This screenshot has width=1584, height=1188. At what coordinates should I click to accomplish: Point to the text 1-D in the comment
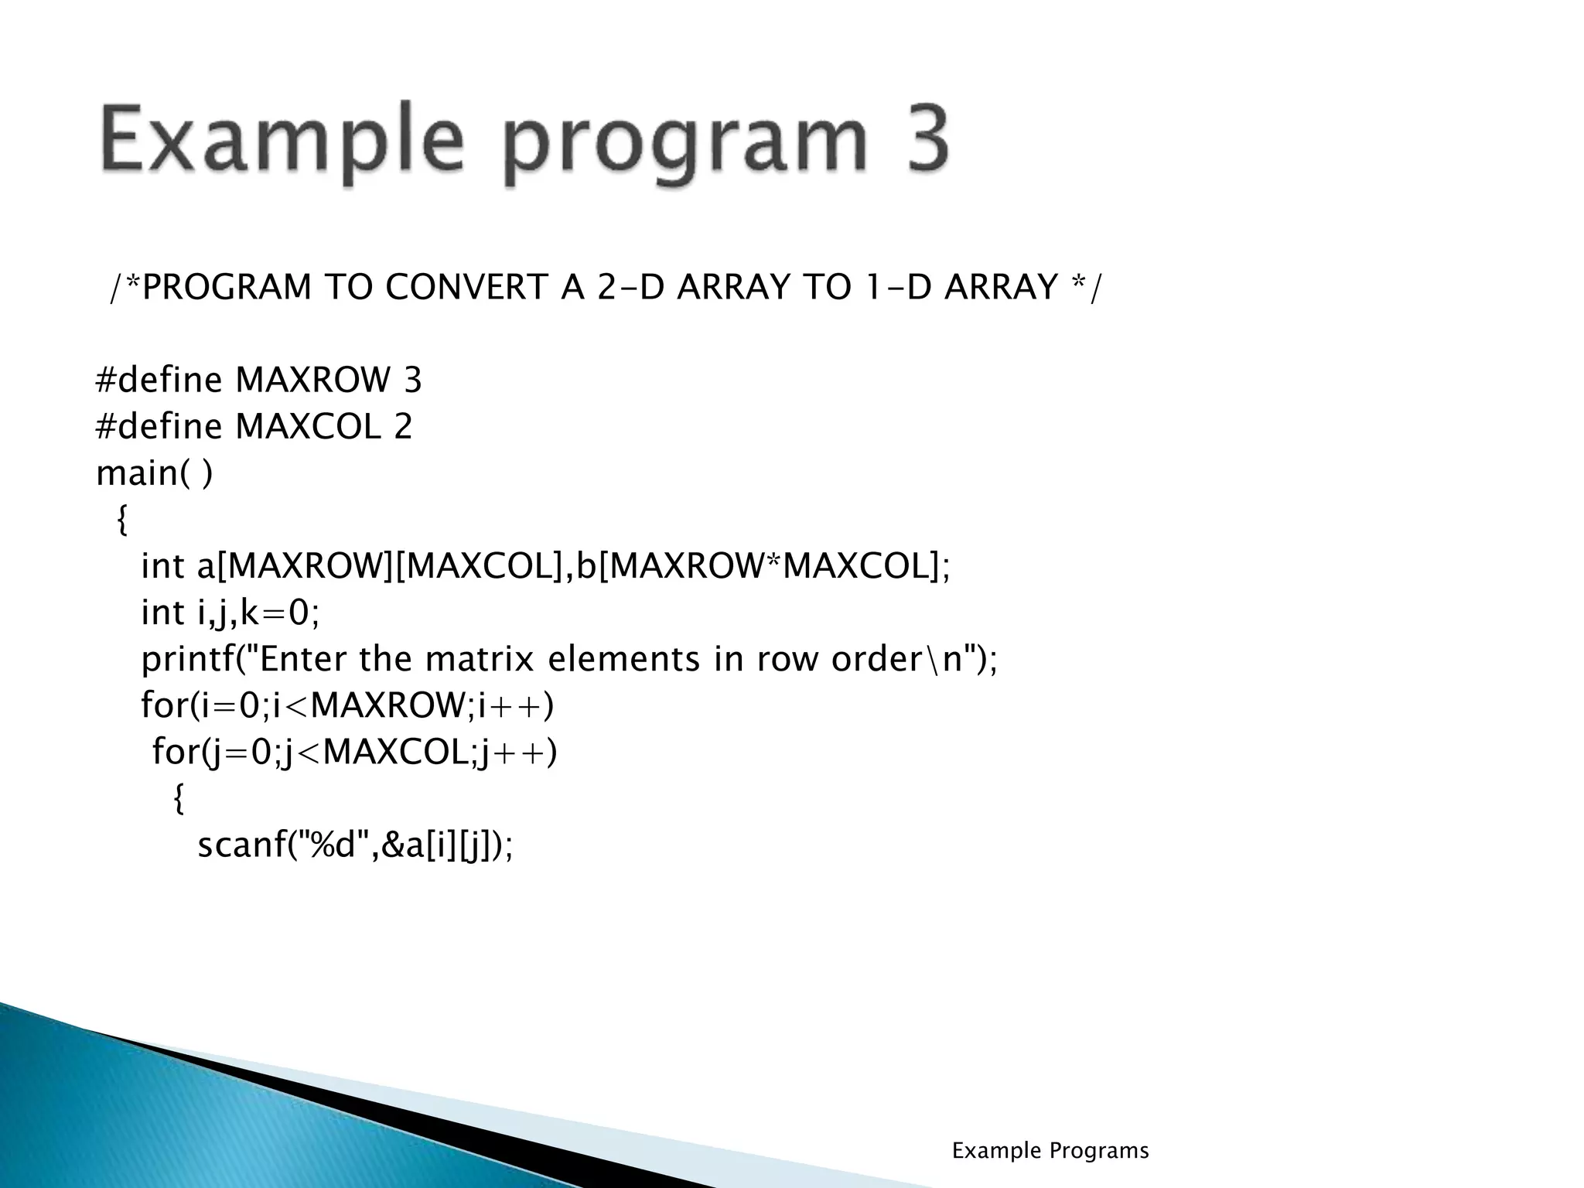[x=896, y=288]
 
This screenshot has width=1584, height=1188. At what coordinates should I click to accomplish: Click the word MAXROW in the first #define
[x=313, y=381]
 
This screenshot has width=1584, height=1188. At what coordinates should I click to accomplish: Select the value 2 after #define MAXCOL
[x=403, y=427]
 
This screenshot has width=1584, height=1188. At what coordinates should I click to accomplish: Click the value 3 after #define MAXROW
[x=412, y=381]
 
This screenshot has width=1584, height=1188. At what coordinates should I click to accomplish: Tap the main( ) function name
[x=153, y=473]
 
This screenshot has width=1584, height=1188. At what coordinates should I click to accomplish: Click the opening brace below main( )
[x=122, y=520]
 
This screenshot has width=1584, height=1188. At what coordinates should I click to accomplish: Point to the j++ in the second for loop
[x=514, y=752]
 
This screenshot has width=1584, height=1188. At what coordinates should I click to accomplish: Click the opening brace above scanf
[x=179, y=798]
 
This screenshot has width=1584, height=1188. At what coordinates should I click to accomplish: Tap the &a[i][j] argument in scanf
[x=437, y=845]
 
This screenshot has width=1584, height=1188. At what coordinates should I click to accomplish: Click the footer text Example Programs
[x=1050, y=1151]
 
